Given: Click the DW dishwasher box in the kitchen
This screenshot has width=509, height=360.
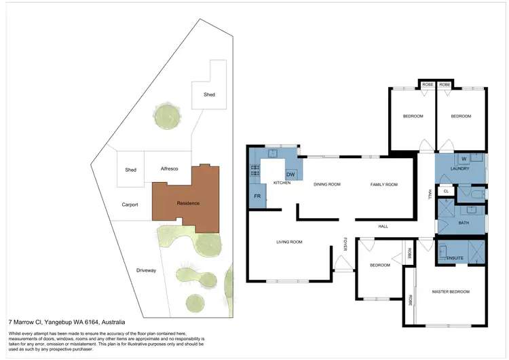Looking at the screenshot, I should coord(290,175).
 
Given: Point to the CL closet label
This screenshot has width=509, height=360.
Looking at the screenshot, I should coord(446,192).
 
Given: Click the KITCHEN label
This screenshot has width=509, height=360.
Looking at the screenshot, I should coord(282,183).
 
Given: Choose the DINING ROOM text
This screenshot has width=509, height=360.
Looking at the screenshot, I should coord(326,184).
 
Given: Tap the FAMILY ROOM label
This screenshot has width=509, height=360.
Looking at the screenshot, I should coord(383,184).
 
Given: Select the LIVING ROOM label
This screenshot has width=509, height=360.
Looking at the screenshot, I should coord(288,242).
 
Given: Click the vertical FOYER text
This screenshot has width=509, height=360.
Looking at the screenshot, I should coord(345,244).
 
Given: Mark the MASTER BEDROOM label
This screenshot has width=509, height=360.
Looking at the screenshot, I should coord(451,291).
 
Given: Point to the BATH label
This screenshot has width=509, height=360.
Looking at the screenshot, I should coord(464,222).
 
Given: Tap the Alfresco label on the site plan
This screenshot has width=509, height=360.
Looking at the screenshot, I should coord(169,168).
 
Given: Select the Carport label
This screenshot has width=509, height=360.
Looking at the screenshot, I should coord(130,204).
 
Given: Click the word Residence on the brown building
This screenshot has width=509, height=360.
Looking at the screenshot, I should coord(188,202).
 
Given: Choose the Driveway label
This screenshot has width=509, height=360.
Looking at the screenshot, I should coord(146,270).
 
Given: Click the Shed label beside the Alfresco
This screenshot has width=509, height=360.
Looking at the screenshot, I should coord(131,170).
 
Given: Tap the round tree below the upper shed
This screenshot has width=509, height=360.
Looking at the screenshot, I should coord(167,116).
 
